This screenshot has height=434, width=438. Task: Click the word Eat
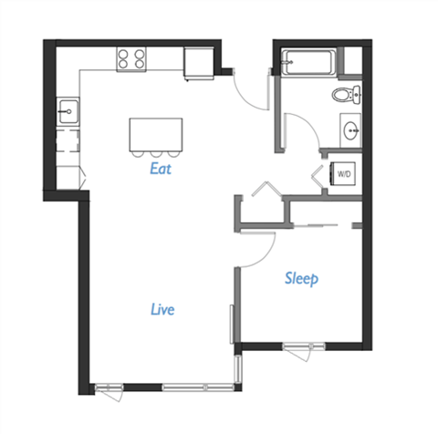pos(162,169)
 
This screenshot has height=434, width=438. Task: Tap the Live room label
pos(162,309)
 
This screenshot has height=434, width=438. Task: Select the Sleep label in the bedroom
pos(301,278)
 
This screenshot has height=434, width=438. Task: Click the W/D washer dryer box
pos(345,172)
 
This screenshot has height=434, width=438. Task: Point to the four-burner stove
pos(130,59)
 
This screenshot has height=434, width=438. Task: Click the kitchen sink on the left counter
pos(67,112)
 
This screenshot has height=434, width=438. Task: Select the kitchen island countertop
pos(149,132)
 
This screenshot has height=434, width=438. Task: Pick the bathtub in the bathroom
pos(307,64)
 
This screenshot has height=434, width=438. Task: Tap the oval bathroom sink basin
pos(350,130)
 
